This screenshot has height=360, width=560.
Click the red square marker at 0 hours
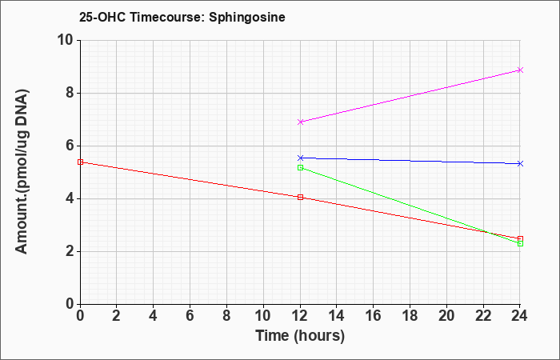(x=80, y=162)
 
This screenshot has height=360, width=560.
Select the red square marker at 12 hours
(x=300, y=197)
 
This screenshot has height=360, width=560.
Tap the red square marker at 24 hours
(x=520, y=238)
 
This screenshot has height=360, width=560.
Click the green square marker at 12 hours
(x=300, y=167)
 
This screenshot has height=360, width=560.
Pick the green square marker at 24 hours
(x=520, y=243)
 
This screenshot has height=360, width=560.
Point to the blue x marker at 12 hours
(x=300, y=158)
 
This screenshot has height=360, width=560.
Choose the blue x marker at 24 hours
(x=520, y=163)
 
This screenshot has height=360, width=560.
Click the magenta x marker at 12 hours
(x=300, y=122)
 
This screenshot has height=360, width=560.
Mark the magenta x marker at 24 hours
(x=520, y=70)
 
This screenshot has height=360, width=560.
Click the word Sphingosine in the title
(x=247, y=18)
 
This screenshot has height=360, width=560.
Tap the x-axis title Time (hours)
(x=300, y=336)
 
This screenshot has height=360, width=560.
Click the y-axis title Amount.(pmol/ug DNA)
(x=22, y=172)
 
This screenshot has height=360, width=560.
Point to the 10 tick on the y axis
(x=65, y=40)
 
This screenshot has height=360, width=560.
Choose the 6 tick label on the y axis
(x=69, y=146)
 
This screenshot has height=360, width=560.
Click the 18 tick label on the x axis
(x=410, y=316)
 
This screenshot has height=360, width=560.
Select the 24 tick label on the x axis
(x=520, y=316)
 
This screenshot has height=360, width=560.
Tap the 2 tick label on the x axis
(x=117, y=316)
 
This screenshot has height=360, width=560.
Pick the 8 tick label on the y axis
(x=69, y=94)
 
